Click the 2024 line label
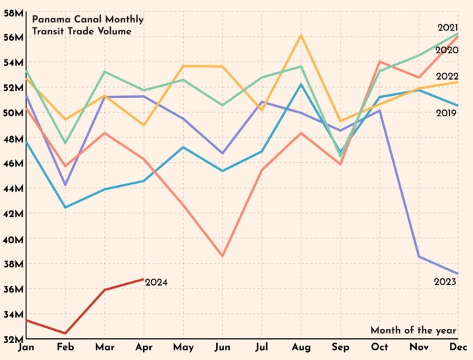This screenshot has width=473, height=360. [156, 283]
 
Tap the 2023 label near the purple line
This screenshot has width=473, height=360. [446, 281]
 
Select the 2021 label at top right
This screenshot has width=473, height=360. [448, 27]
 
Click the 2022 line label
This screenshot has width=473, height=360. [448, 76]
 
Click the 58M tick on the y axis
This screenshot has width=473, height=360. [14, 11]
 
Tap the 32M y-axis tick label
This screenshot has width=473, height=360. [14, 339]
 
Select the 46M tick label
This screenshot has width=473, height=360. [14, 163]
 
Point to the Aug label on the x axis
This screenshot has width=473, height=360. [301, 348]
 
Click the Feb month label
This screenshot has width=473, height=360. [66, 348]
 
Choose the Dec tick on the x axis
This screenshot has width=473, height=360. [458, 348]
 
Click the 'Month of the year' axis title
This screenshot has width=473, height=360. [413, 330]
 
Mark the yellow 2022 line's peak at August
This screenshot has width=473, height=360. [301, 35]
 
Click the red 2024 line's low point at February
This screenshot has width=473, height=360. [66, 333]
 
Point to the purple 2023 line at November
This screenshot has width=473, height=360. [418, 256]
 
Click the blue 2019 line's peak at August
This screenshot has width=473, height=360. [301, 84]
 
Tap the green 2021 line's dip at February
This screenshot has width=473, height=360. [66, 143]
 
